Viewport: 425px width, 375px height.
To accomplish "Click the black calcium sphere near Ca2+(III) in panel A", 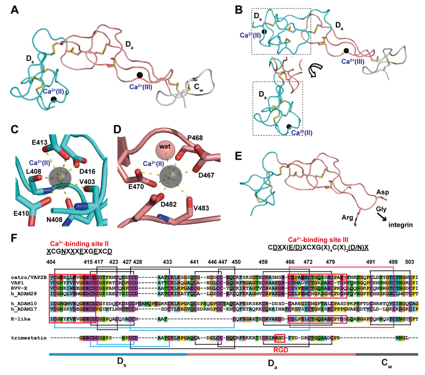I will coord(140,75).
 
